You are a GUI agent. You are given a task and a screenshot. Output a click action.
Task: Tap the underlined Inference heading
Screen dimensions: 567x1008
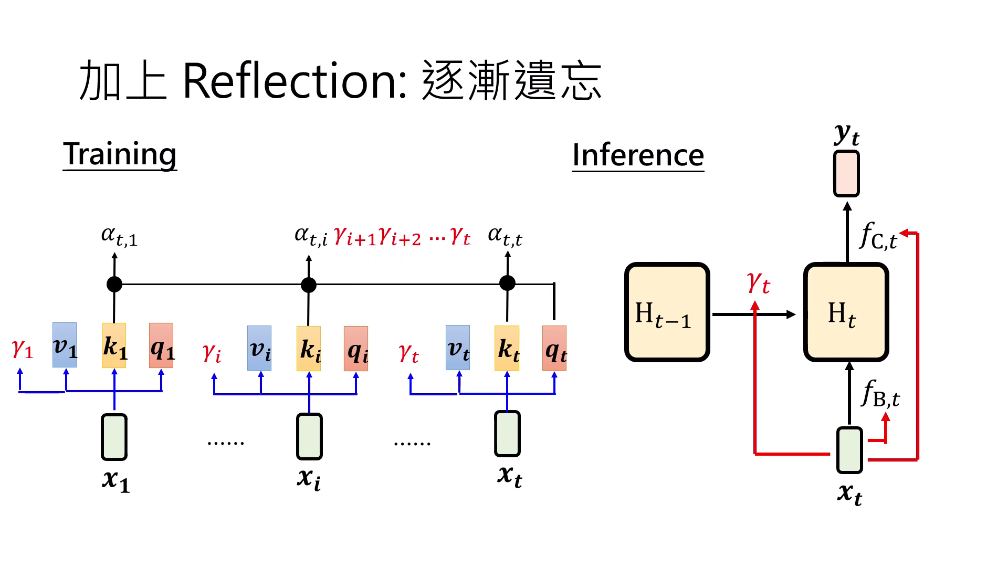point(638,155)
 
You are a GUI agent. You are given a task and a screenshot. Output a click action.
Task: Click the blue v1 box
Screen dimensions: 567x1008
point(65,345)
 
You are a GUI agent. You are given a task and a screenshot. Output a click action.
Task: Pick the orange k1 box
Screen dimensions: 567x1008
point(114,345)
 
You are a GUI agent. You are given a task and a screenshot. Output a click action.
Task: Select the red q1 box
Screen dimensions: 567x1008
point(161,345)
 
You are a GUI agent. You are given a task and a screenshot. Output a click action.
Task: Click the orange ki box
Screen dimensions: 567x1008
point(309,348)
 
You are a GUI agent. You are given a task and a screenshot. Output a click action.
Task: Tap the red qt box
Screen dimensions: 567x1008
point(554,348)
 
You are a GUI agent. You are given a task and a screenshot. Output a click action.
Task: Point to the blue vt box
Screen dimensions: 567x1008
point(458,348)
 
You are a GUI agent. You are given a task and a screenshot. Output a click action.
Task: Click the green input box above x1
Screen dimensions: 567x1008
point(114,437)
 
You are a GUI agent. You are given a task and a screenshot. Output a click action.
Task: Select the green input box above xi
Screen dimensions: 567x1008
point(309,436)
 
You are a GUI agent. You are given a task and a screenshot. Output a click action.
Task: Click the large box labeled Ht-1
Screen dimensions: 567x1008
point(667,312)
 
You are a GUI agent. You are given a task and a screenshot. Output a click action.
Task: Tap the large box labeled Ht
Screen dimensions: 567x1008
point(846,312)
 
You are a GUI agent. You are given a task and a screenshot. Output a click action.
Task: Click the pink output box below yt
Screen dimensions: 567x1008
point(846,174)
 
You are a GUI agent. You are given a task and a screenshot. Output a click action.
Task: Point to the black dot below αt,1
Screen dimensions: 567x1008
point(114,284)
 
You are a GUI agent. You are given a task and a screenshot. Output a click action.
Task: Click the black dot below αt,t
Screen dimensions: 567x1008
point(507,283)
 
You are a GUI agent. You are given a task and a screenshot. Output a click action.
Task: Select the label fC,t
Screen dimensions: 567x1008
point(878,236)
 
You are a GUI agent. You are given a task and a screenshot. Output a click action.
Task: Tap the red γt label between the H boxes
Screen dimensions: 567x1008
point(759,283)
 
